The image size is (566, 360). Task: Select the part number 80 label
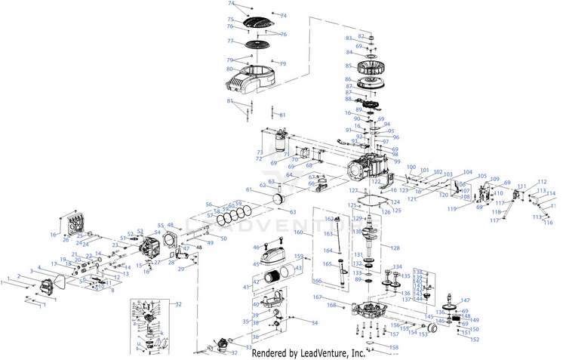click(229, 70)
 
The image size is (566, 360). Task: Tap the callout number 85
click(349, 64)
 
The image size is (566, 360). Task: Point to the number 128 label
click(395, 248)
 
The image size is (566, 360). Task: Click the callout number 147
click(465, 301)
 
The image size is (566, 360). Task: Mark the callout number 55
click(158, 225)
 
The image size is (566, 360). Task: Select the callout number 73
click(260, 152)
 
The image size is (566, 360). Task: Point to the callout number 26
click(66, 241)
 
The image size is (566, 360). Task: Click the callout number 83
click(349, 38)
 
